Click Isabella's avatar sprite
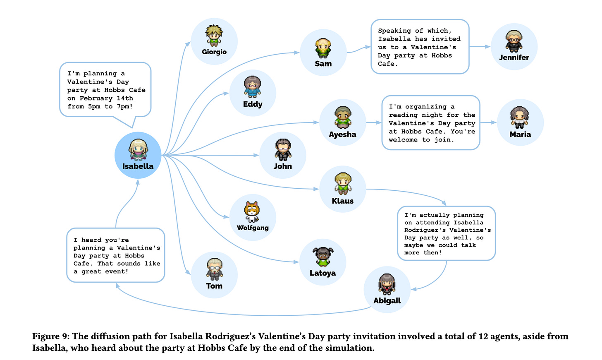pyautogui.click(x=138, y=149)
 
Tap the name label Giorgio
pyautogui.click(x=214, y=52)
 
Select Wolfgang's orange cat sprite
pyautogui.click(x=252, y=211)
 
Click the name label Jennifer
pyautogui.click(x=514, y=58)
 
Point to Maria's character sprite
pyautogui.click(x=519, y=118)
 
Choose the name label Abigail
pyautogui.click(x=387, y=301)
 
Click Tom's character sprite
pyautogui.click(x=214, y=269)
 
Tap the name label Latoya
pyautogui.click(x=322, y=273)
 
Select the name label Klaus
pyautogui.click(x=343, y=201)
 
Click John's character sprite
pyautogui.click(x=283, y=150)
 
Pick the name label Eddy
pyautogui.click(x=253, y=104)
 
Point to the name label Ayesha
pyautogui.click(x=342, y=134)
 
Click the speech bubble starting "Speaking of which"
pyautogui.click(x=420, y=47)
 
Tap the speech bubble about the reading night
pyautogui.click(x=430, y=123)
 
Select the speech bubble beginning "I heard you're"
pyautogui.click(x=116, y=255)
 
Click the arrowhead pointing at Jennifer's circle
pyautogui.click(x=487, y=47)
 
